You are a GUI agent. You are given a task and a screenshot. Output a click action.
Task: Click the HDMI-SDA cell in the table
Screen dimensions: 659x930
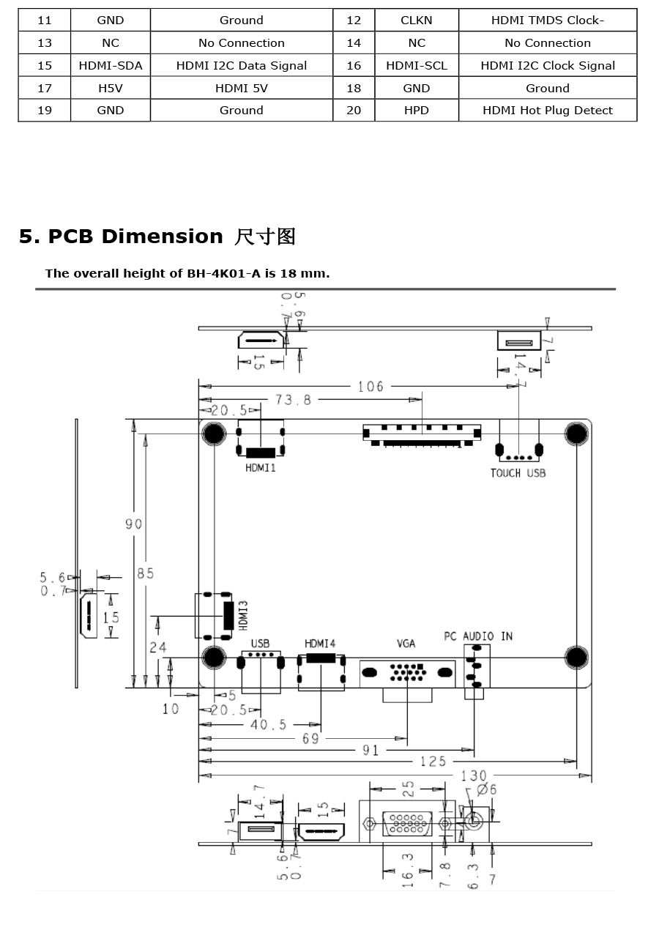[111, 66]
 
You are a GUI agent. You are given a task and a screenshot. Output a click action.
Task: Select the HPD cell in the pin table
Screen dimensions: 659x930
[417, 111]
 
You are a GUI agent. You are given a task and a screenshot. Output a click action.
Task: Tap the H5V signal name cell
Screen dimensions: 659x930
[111, 88]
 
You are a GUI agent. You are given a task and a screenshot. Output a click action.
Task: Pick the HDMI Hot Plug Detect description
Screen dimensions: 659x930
[548, 111]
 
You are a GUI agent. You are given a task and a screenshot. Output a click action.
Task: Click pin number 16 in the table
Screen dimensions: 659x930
[354, 66]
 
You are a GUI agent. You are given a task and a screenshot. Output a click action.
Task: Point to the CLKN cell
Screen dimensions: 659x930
[417, 21]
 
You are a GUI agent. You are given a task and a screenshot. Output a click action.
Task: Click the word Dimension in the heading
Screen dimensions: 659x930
[163, 237]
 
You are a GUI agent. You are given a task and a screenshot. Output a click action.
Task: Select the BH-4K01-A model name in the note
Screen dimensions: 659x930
[224, 274]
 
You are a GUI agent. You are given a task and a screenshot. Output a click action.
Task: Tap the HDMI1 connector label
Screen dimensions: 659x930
[261, 468]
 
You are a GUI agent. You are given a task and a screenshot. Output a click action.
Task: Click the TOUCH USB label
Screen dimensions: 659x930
[518, 473]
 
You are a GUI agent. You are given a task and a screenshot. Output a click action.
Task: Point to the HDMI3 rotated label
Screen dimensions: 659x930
[243, 615]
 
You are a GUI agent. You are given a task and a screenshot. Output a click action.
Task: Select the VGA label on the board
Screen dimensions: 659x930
[406, 644]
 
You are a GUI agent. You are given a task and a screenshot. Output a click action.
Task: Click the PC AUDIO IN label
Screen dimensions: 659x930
[478, 636]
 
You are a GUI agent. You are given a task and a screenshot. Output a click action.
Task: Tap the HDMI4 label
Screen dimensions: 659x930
[320, 644]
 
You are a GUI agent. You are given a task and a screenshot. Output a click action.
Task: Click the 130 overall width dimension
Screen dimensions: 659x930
[474, 775]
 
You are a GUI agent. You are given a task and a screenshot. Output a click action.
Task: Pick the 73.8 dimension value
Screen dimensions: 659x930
[293, 400]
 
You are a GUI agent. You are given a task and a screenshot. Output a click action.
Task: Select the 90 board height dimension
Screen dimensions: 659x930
[134, 524]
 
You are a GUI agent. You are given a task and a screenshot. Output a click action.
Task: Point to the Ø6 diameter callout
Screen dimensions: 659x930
[486, 789]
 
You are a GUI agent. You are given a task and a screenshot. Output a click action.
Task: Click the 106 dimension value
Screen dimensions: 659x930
[371, 387]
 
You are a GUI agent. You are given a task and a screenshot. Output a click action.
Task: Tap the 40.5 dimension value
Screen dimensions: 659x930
[268, 724]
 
